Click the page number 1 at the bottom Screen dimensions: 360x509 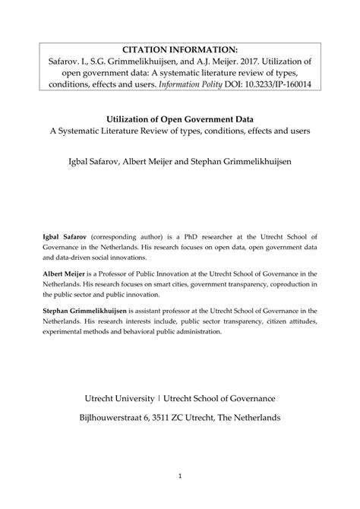tap(180, 476)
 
